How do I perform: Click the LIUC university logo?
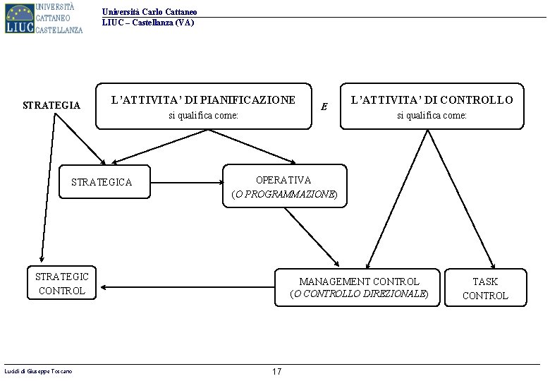(44, 18)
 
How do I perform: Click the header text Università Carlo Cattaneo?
(149, 12)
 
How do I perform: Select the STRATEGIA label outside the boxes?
(51, 106)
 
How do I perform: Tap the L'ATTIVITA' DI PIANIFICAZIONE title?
(203, 100)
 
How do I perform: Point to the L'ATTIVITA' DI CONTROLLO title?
(432, 100)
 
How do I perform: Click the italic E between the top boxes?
(324, 107)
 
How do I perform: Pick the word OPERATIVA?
(283, 180)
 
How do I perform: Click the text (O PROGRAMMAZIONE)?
(285, 193)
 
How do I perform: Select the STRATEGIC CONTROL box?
(62, 283)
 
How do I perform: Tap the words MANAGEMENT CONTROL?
(359, 282)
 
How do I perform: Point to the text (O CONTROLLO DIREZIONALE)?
(359, 294)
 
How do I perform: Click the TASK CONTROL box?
(485, 289)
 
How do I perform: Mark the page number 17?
(276, 372)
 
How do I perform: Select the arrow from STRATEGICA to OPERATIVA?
(187, 182)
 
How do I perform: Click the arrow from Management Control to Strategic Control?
(187, 287)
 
